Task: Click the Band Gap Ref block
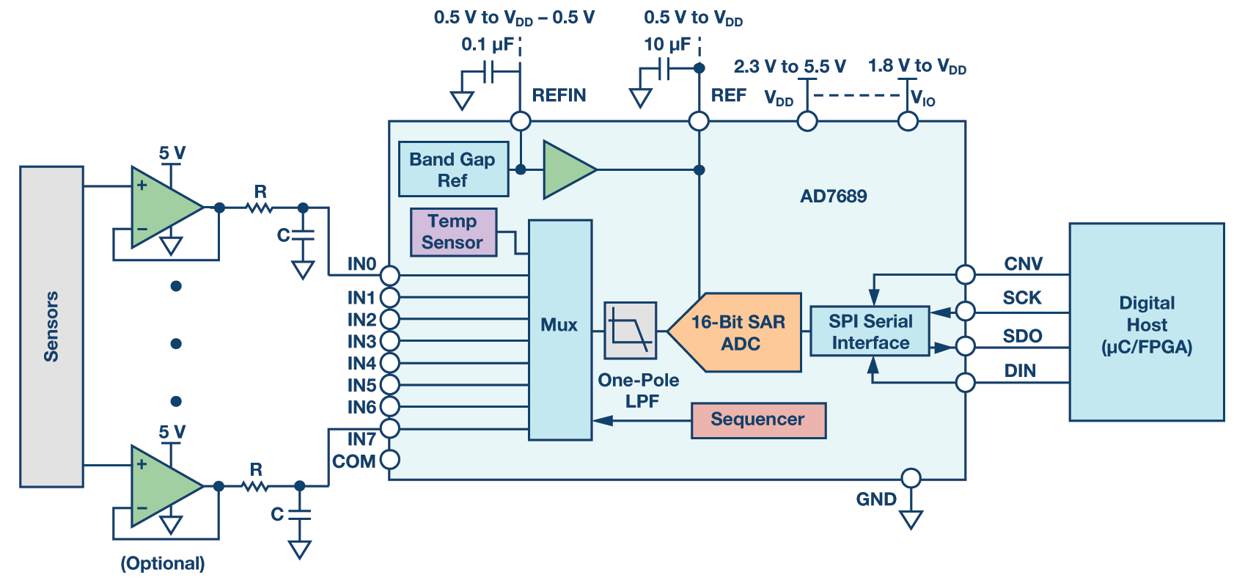(x=453, y=169)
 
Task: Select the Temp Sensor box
(x=453, y=232)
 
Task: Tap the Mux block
(x=559, y=329)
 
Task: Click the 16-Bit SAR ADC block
(x=739, y=332)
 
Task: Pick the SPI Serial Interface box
(x=870, y=331)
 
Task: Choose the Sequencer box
(x=758, y=419)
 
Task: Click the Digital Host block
(x=1146, y=322)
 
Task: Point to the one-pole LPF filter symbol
(x=630, y=330)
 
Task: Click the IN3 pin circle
(x=390, y=341)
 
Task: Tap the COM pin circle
(x=390, y=460)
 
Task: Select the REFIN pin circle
(x=520, y=121)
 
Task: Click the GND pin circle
(x=911, y=478)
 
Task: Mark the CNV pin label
(x=1023, y=264)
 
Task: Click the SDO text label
(x=1022, y=336)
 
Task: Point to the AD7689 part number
(x=833, y=196)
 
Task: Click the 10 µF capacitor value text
(x=666, y=45)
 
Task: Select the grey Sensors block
(x=51, y=326)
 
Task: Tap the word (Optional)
(x=163, y=563)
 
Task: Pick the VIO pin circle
(x=908, y=121)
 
